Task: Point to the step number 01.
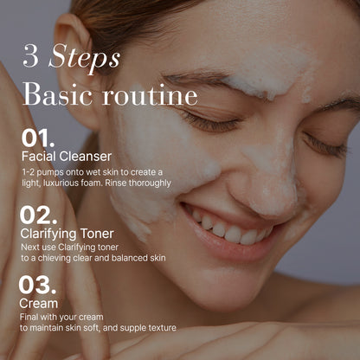39,138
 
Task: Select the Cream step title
38,304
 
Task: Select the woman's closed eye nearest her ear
208,121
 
